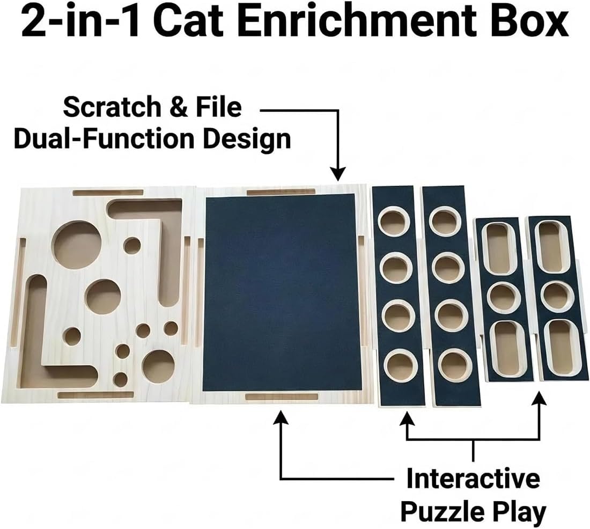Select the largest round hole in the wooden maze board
77,244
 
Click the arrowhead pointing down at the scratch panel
338,174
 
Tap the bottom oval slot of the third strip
505,349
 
